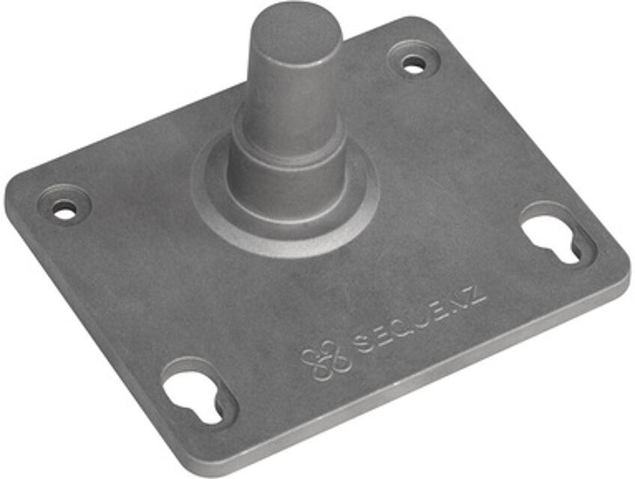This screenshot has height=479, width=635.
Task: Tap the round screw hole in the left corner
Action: [x=65, y=210]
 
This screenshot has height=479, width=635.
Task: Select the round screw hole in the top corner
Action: [x=413, y=64]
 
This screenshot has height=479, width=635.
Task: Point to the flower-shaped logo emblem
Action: [x=325, y=360]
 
